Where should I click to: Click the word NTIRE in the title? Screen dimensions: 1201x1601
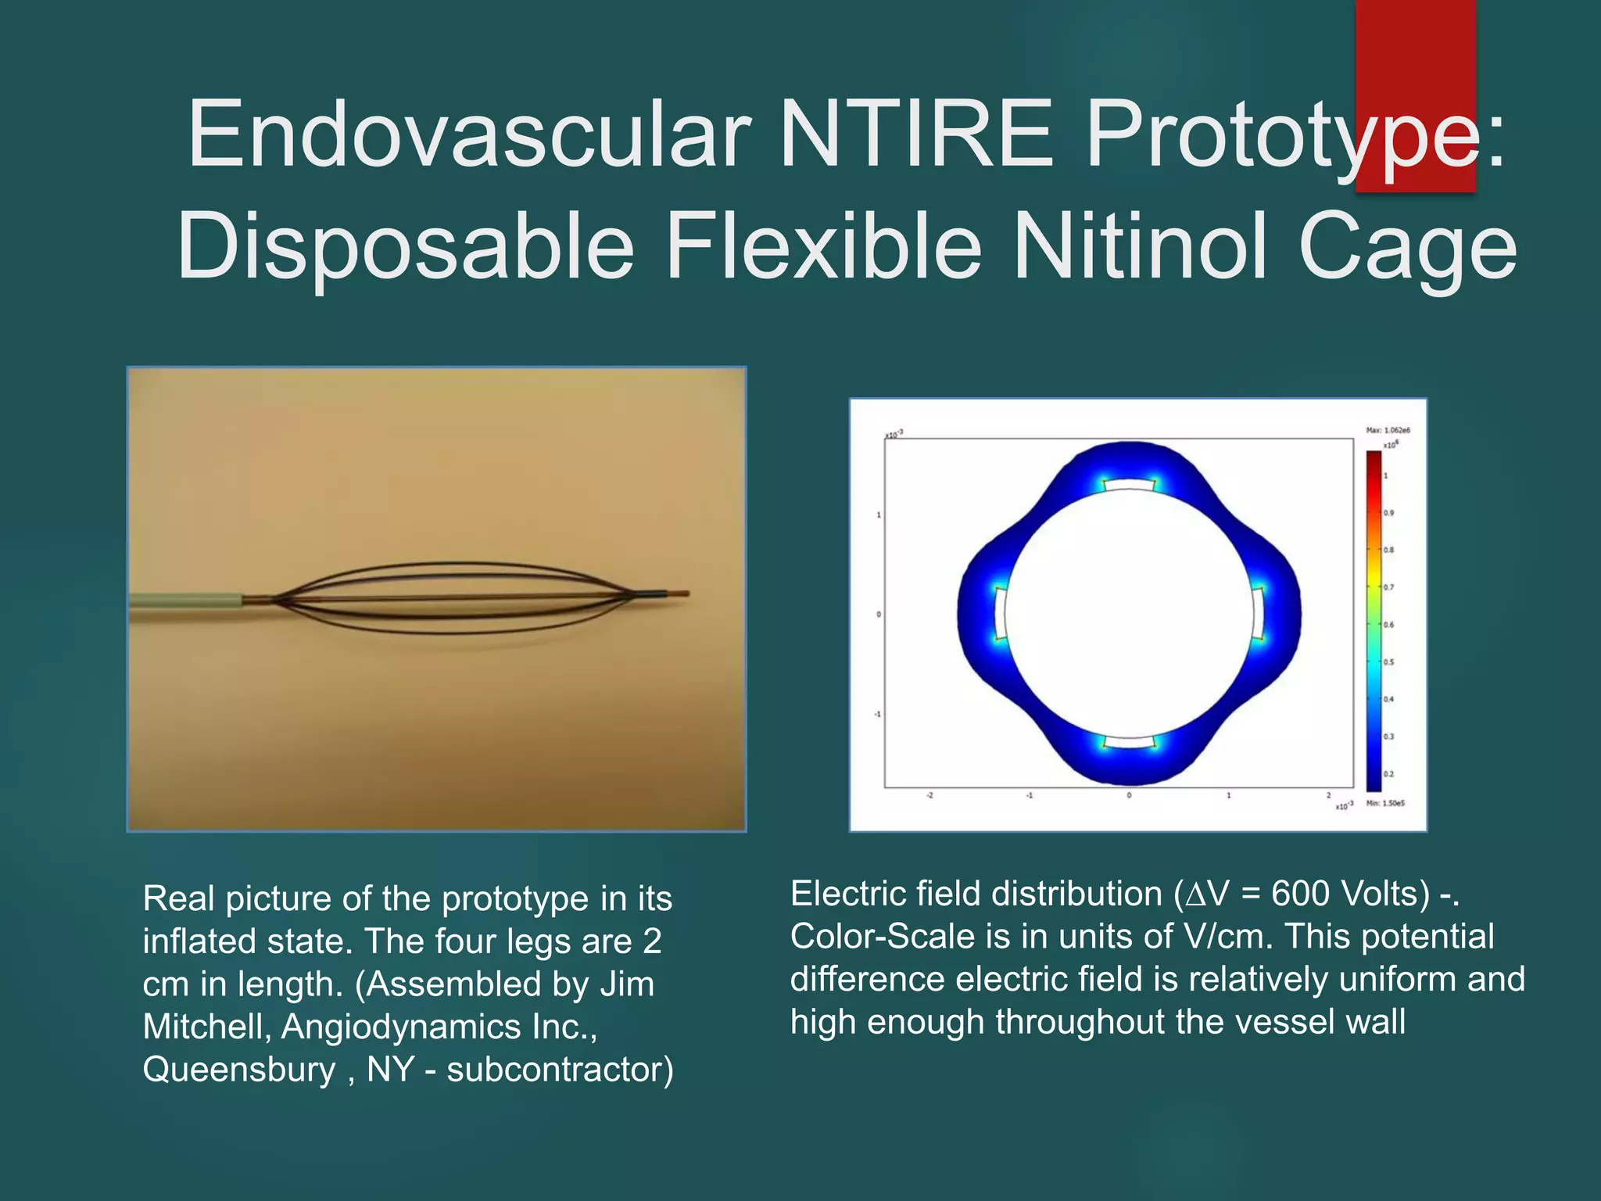917,134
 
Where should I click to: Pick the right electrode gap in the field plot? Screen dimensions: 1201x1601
1258,614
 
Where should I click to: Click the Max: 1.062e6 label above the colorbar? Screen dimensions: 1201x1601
1388,430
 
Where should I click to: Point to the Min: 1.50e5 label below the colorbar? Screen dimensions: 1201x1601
1385,803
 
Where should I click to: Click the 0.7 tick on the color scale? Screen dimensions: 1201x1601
1388,587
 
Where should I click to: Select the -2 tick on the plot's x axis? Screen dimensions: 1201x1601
929,795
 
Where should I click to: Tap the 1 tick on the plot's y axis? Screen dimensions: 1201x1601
879,515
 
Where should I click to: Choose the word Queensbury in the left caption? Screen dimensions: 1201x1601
238,1070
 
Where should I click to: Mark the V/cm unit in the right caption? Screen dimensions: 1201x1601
1228,937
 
